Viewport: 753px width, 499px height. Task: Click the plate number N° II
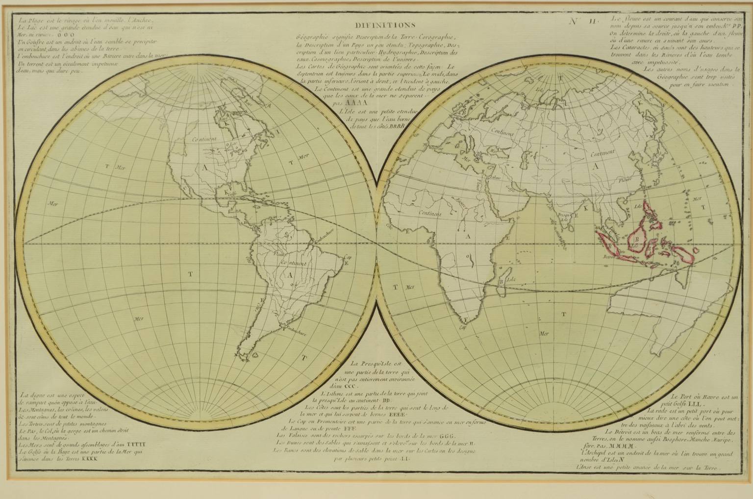click(x=583, y=21)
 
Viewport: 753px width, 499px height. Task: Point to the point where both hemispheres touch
click(x=376, y=243)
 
